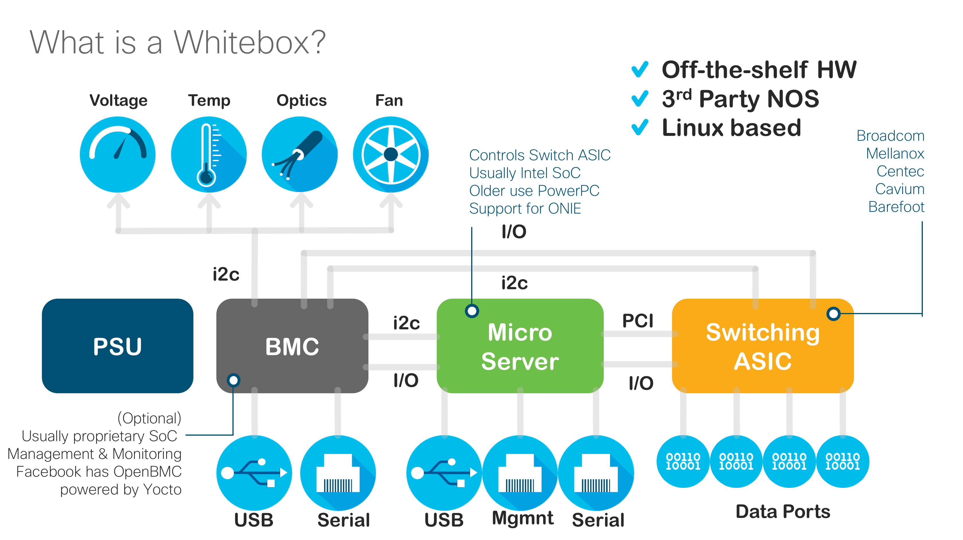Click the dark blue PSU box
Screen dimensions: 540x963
[117, 345]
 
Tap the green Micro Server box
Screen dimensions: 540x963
[520, 345]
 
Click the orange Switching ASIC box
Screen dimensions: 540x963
[763, 345]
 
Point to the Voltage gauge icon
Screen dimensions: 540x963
[118, 154]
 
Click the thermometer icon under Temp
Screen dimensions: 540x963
[209, 154]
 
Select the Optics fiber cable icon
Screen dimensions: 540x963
[300, 154]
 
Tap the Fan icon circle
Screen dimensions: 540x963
[391, 154]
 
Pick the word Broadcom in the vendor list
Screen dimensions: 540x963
[890, 136]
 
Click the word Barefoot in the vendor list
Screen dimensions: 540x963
[896, 207]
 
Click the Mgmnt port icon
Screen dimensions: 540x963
[520, 473]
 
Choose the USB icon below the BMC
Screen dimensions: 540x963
[254, 473]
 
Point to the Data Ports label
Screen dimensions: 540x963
[783, 512]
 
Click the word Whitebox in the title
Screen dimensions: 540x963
[249, 42]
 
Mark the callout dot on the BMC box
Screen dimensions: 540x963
[234, 380]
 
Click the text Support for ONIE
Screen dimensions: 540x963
[525, 208]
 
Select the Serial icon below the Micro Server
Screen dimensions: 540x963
[596, 473]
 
